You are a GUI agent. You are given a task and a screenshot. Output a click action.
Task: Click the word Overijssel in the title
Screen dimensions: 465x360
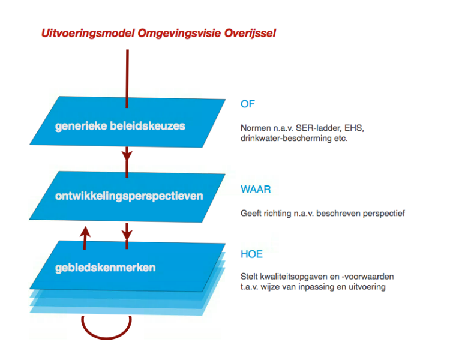[x=250, y=33]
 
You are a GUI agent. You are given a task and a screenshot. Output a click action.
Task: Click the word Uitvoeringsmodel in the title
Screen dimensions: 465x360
[x=88, y=33]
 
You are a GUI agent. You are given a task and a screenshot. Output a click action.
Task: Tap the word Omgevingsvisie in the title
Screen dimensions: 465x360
[x=179, y=33]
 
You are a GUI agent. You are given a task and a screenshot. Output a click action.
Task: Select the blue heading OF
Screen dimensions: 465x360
[x=248, y=104]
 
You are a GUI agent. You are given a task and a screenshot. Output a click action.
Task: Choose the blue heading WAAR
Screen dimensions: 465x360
[x=256, y=190]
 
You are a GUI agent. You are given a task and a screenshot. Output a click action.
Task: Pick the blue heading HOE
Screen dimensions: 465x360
[x=252, y=254]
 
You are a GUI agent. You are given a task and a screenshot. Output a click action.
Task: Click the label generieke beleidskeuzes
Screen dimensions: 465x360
[x=120, y=126]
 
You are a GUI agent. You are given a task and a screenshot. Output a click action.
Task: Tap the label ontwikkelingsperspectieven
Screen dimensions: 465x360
[x=129, y=196]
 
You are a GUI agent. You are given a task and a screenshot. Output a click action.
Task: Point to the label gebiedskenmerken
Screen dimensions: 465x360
[x=105, y=268]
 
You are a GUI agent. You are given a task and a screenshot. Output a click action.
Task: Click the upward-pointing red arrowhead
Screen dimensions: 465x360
[x=85, y=232]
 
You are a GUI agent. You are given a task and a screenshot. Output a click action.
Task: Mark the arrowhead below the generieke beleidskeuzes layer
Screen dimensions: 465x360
[x=127, y=155]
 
